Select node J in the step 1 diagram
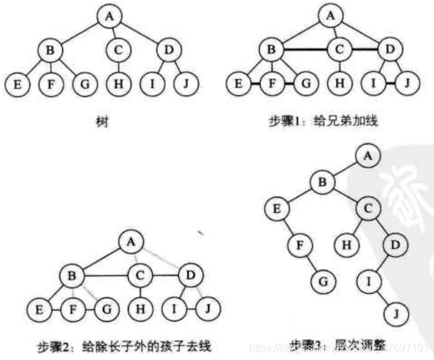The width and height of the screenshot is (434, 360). pos(408,84)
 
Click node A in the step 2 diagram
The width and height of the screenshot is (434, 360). pos(129,243)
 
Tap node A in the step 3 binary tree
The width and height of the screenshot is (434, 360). pos(369,157)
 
